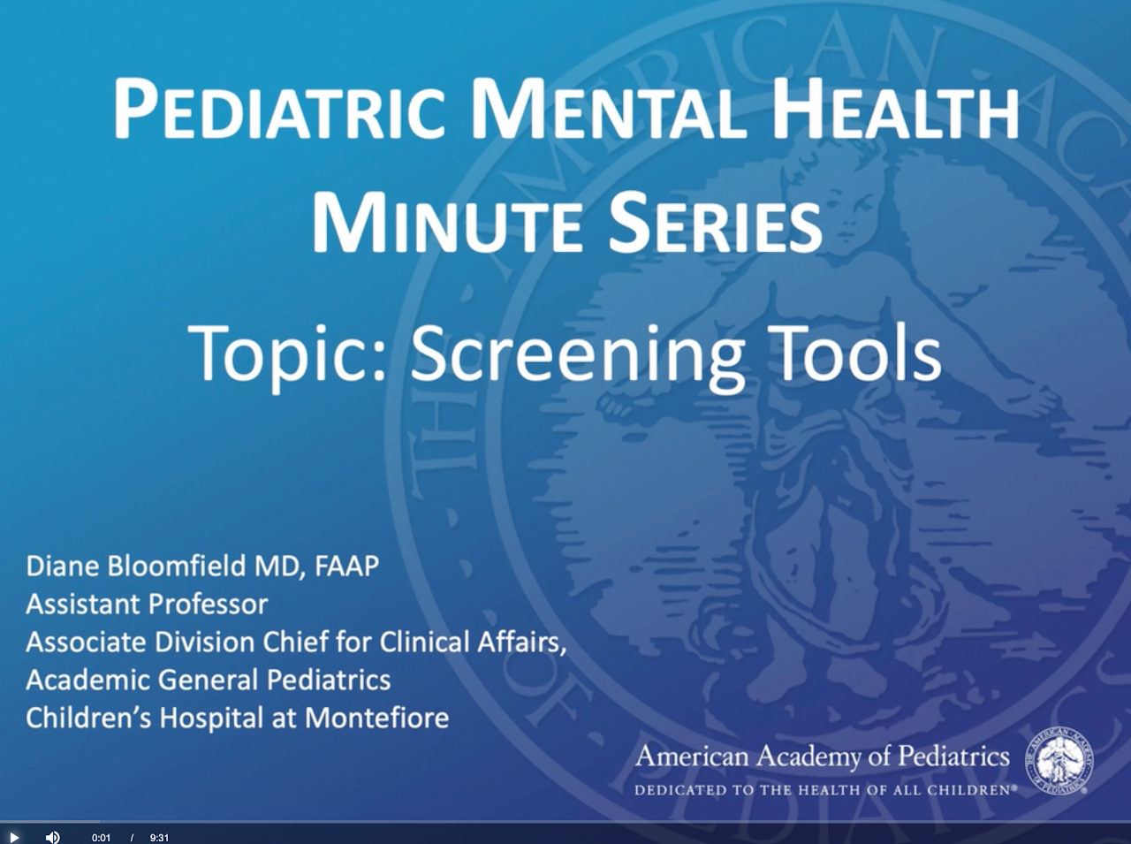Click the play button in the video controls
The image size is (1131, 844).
14,837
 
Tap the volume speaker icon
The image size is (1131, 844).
52,837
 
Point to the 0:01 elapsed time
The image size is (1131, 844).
101,838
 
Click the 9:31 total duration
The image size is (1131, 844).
159,838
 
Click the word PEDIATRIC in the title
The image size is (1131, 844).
278,110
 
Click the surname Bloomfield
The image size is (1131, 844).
178,566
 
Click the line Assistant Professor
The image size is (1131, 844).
147,604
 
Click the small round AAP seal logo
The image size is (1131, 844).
1059,760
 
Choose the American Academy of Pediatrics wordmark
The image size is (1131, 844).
823,757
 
